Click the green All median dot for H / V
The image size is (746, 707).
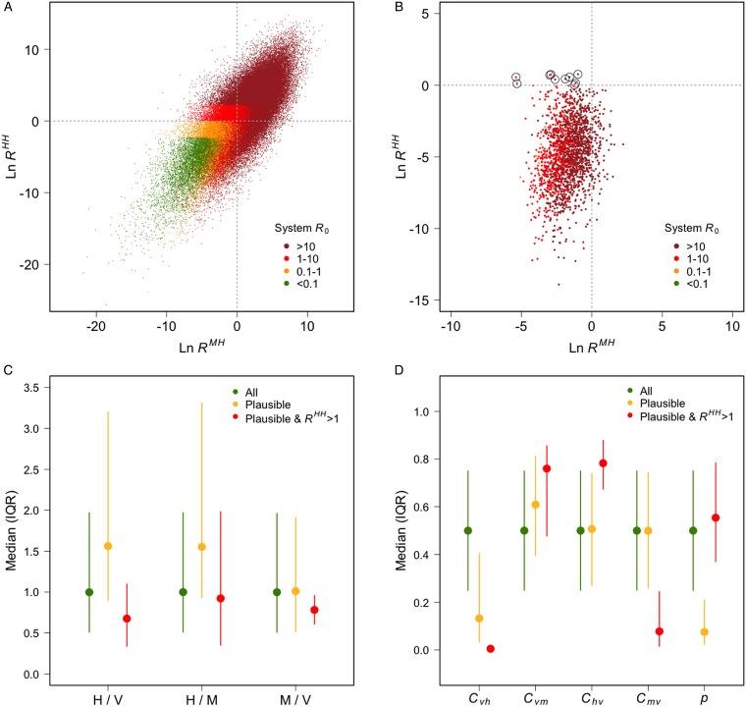click(89, 592)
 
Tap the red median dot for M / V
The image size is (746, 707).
click(315, 610)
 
